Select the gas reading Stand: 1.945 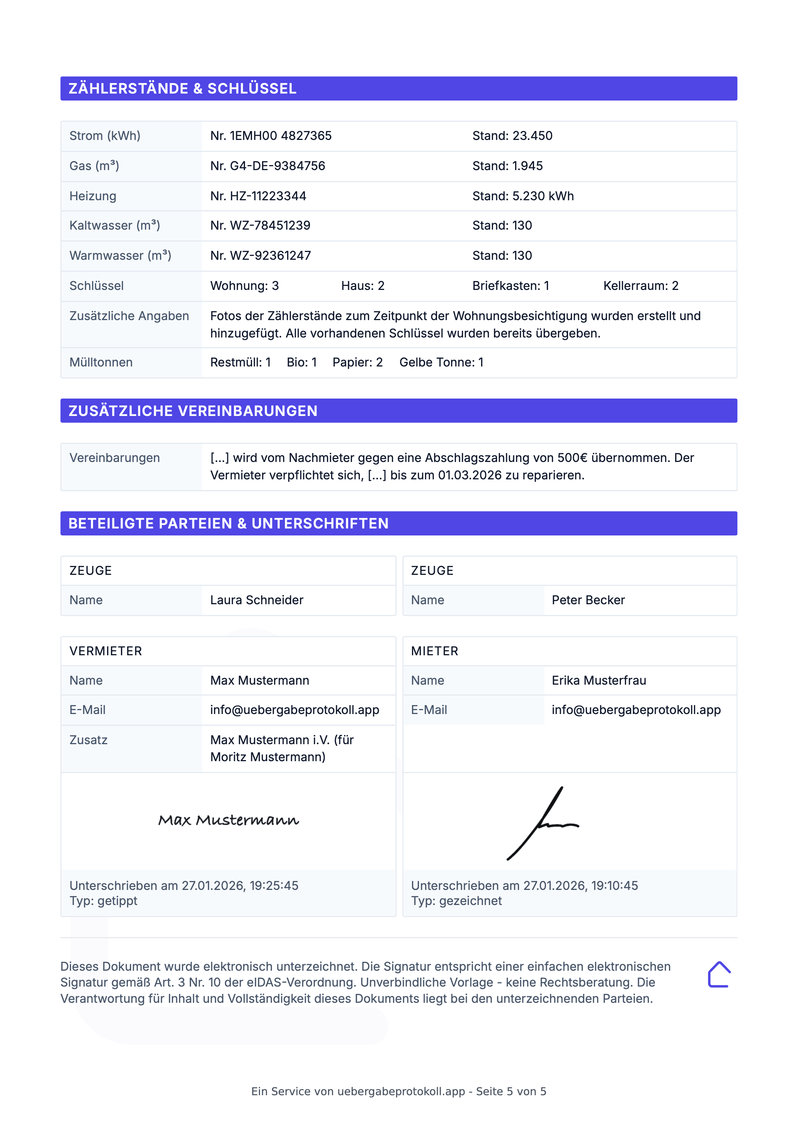pyautogui.click(x=507, y=166)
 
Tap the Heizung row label pyautogui.click(x=93, y=196)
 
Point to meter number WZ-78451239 pyautogui.click(x=270, y=225)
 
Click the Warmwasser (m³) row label pyautogui.click(x=120, y=256)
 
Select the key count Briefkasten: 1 pyautogui.click(x=510, y=286)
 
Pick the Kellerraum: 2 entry pyautogui.click(x=641, y=286)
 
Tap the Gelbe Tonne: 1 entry pyautogui.click(x=441, y=363)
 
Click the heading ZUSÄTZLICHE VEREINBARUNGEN pyautogui.click(x=193, y=411)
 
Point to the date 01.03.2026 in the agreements pyautogui.click(x=470, y=476)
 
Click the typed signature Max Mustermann pyautogui.click(x=228, y=820)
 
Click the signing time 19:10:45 pyautogui.click(x=614, y=886)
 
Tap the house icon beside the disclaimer pyautogui.click(x=719, y=975)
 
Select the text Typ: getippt pyautogui.click(x=103, y=901)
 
